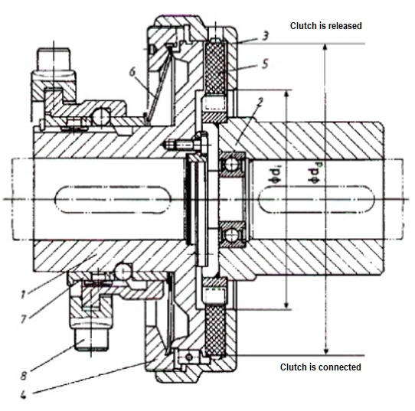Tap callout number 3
pos(265,35)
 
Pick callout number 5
pos(264,64)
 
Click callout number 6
pos(132,70)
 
